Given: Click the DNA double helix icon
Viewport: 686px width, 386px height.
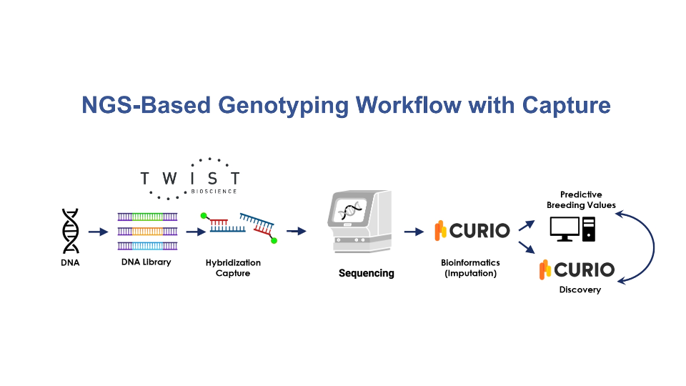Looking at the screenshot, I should pos(71,230).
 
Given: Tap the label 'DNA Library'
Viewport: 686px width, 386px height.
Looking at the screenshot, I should pos(146,262).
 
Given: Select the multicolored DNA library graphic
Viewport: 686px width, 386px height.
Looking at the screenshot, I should pos(147,230).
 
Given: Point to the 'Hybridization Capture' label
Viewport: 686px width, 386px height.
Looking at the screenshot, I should pos(233,268).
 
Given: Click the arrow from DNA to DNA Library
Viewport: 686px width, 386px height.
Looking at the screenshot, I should pos(97,232).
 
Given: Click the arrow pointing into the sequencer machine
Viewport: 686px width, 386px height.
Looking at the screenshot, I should pos(296,232).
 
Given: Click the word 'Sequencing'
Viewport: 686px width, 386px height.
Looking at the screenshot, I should pos(366,273).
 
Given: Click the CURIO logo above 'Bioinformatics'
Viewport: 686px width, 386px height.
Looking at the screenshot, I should pos(472,230).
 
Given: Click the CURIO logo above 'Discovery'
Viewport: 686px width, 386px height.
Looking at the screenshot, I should pos(577,269).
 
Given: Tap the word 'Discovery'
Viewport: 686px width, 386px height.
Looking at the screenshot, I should pos(580,289).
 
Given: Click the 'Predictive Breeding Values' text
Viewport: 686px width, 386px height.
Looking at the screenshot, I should pos(581,199).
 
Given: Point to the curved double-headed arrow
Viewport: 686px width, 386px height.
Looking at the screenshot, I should pos(652,247).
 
